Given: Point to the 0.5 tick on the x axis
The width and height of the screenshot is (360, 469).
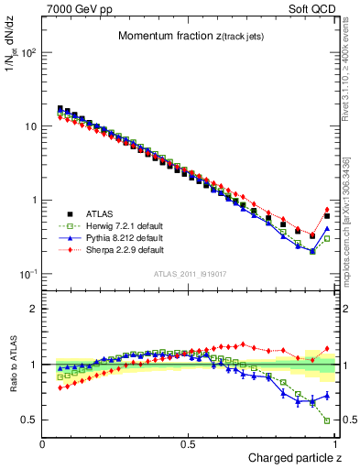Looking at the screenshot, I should (189, 443).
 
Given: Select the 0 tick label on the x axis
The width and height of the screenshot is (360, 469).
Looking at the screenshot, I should (43, 443).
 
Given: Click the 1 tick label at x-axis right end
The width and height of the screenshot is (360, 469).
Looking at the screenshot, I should (334, 443).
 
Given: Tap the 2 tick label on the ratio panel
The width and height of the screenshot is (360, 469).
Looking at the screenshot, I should (32, 309).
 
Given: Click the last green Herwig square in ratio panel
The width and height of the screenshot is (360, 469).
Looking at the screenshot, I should (327, 420).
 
